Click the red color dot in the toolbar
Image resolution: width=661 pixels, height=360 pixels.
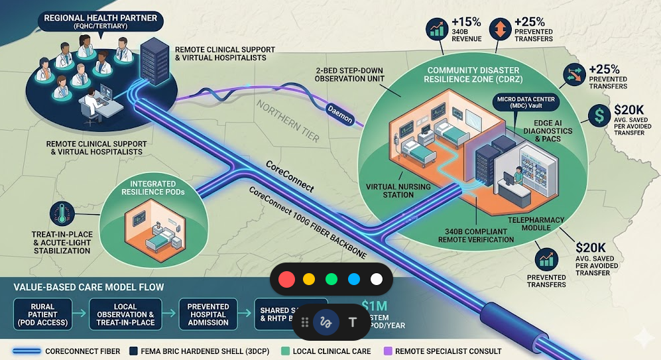tap(286, 279)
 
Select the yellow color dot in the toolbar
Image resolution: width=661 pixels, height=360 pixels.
tap(308, 279)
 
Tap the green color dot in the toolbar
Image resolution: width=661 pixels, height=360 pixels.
tap(331, 279)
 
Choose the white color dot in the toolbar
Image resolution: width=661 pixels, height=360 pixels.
tap(377, 279)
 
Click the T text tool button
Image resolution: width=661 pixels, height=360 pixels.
tap(353, 322)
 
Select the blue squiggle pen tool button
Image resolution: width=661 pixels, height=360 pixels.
tap(326, 322)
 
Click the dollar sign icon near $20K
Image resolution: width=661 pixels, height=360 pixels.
tap(599, 116)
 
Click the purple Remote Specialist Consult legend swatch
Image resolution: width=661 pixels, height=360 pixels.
tap(387, 351)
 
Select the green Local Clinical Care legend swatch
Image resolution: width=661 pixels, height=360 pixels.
tap(285, 351)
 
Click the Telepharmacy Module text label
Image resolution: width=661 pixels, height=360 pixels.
tap(529, 223)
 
